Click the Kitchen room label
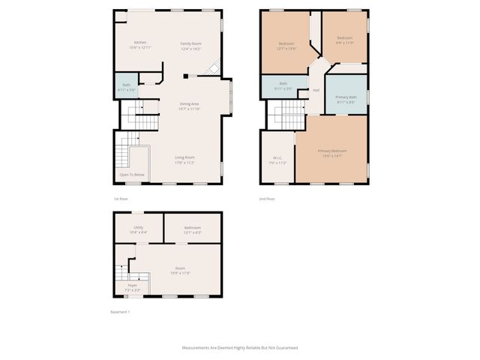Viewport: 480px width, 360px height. tap(140, 43)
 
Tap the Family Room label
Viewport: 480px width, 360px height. tap(190, 43)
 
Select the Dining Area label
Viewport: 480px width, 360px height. tap(189, 103)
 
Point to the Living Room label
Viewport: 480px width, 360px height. tap(184, 157)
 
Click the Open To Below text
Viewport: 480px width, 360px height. tap(131, 175)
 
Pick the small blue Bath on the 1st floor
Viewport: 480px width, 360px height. tap(126, 85)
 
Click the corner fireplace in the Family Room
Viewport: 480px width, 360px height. tap(214, 68)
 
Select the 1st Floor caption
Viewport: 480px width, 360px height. tap(121, 199)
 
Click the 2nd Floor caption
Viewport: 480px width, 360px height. tap(267, 199)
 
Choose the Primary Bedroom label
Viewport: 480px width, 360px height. tap(331, 151)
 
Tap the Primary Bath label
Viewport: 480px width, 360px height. tap(346, 97)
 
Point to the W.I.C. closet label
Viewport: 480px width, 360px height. tap(277, 158)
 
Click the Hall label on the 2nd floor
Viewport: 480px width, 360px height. tap(316, 90)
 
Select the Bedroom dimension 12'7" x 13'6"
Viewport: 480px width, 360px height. tap(286, 48)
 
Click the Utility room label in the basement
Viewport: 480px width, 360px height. tap(139, 227)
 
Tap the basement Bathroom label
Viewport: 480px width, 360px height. tap(193, 227)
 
